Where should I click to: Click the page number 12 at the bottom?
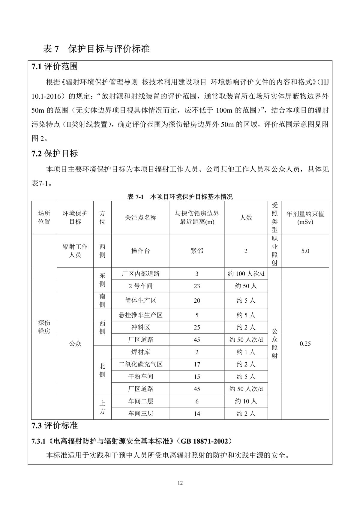click(x=180, y=483)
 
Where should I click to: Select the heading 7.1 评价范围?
click(x=55, y=67)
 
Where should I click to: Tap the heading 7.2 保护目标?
click(x=55, y=154)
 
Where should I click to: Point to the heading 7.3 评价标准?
click(x=55, y=425)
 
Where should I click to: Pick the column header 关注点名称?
click(x=140, y=218)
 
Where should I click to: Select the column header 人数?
click(x=246, y=218)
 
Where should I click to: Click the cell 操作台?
click(x=140, y=251)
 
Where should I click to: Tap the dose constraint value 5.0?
click(x=305, y=251)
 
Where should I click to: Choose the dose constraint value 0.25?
click(x=305, y=344)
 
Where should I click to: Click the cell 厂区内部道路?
click(x=140, y=274)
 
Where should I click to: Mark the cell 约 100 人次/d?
click(x=246, y=274)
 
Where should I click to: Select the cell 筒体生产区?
click(x=140, y=301)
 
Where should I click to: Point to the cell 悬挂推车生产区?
click(x=140, y=315)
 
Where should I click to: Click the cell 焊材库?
click(x=140, y=352)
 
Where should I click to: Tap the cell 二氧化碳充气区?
click(x=140, y=364)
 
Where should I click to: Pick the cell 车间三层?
click(x=140, y=413)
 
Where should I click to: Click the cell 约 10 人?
click(x=246, y=401)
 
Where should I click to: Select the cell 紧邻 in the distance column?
click(x=197, y=251)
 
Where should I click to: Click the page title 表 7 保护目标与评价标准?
click(x=96, y=49)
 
